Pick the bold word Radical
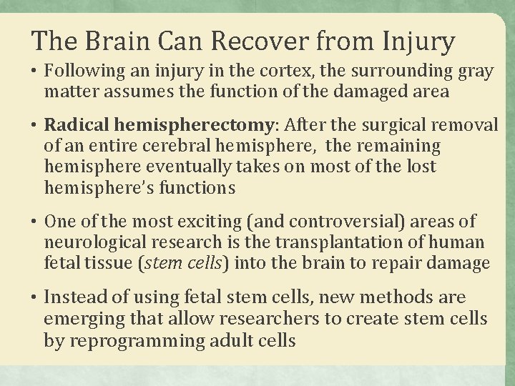[x=72, y=126]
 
